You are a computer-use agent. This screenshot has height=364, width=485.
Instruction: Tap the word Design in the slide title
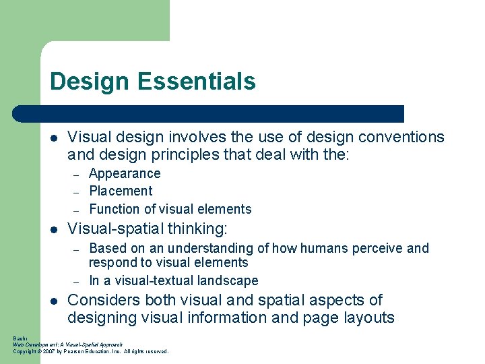(90, 82)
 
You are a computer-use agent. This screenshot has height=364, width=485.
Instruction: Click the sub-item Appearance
(125, 173)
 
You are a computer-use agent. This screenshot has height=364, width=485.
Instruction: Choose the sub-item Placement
(121, 191)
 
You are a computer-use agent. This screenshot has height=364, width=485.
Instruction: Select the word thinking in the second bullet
(192, 228)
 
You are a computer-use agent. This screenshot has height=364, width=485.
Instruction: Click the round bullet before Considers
(55, 301)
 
